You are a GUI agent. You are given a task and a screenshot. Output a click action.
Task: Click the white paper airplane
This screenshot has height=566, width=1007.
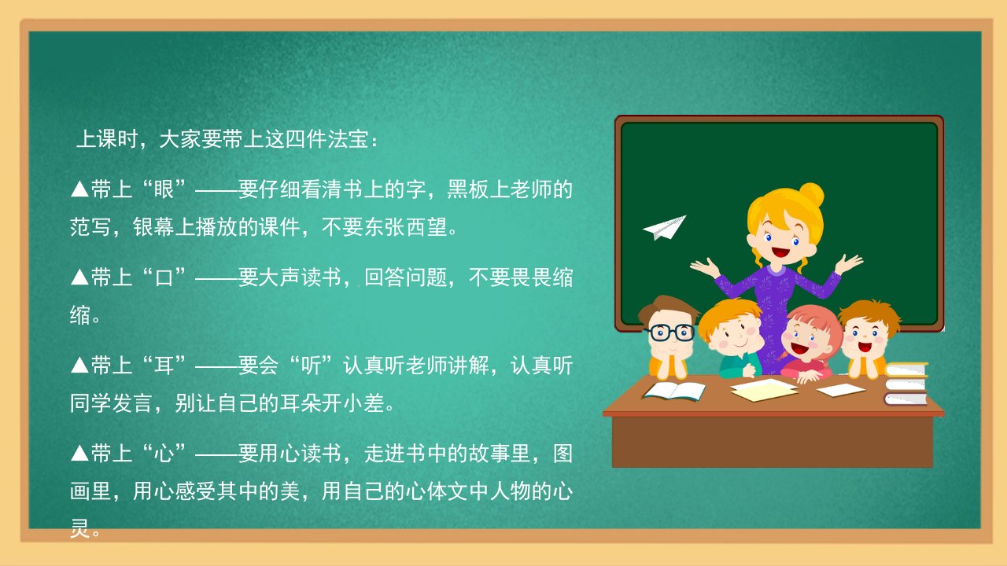click(666, 227)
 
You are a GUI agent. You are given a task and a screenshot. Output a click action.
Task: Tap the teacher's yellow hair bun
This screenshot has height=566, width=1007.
click(811, 194)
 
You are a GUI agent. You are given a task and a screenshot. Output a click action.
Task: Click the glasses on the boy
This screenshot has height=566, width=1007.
click(669, 333)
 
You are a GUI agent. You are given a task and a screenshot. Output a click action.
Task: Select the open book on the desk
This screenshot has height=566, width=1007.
click(674, 391)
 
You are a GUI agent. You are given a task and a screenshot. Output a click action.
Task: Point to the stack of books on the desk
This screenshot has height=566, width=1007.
click(906, 384)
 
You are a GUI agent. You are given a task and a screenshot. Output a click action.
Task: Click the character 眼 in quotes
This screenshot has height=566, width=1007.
click(164, 189)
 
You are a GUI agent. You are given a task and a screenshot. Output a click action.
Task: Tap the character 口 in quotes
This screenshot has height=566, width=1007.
click(164, 277)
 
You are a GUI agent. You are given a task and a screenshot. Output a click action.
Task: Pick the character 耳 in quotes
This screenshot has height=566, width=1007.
click(164, 366)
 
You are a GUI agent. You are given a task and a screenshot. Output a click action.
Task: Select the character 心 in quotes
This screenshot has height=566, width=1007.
click(164, 453)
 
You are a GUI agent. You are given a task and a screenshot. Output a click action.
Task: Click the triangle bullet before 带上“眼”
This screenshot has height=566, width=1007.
click(79, 189)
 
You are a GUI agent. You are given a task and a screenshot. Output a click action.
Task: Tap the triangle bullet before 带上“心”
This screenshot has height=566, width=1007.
click(79, 453)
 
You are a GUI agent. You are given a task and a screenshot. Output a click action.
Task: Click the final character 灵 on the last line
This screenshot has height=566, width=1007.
click(80, 528)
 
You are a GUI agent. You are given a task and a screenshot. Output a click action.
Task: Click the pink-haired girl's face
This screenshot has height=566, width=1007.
click(804, 343)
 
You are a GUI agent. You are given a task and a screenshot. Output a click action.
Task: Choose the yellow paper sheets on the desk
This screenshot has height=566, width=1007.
click(764, 390)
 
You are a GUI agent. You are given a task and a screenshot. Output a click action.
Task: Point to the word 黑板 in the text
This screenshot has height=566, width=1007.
click(468, 189)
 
